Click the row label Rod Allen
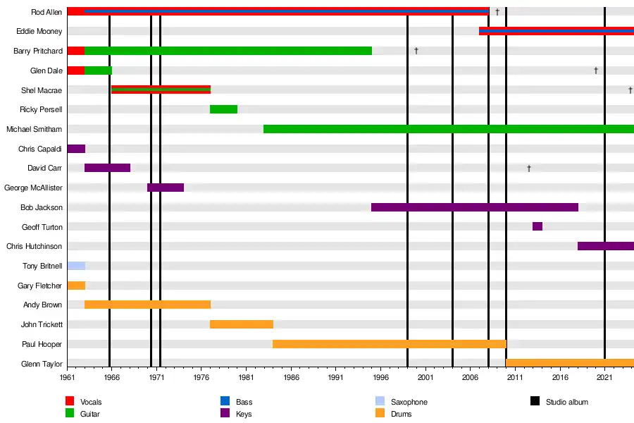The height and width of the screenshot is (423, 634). tap(46, 12)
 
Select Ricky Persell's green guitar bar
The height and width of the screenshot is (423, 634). tap(223, 109)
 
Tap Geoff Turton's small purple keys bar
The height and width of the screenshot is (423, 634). tap(537, 226)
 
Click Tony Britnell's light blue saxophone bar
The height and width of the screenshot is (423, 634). tap(76, 266)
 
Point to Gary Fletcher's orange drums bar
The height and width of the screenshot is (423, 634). tap(76, 286)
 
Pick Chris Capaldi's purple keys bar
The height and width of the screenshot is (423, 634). tap(76, 149)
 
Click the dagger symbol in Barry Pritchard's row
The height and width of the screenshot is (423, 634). tap(416, 51)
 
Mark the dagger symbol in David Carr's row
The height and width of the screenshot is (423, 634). tap(528, 168)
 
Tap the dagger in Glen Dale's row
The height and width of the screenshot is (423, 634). tap(596, 70)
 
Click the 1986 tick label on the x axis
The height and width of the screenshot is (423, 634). tap(291, 378)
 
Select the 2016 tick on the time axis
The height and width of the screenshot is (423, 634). tap(560, 378)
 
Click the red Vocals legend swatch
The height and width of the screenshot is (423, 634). tap(70, 402)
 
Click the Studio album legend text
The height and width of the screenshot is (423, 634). tap(566, 402)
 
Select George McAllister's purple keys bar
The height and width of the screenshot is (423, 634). tap(166, 188)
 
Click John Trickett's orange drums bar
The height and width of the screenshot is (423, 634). tap(241, 324)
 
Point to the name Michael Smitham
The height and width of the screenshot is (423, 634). tap(34, 129)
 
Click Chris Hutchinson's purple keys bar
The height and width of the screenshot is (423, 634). tap(605, 246)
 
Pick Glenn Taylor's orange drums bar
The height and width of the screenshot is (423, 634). tap(569, 363)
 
